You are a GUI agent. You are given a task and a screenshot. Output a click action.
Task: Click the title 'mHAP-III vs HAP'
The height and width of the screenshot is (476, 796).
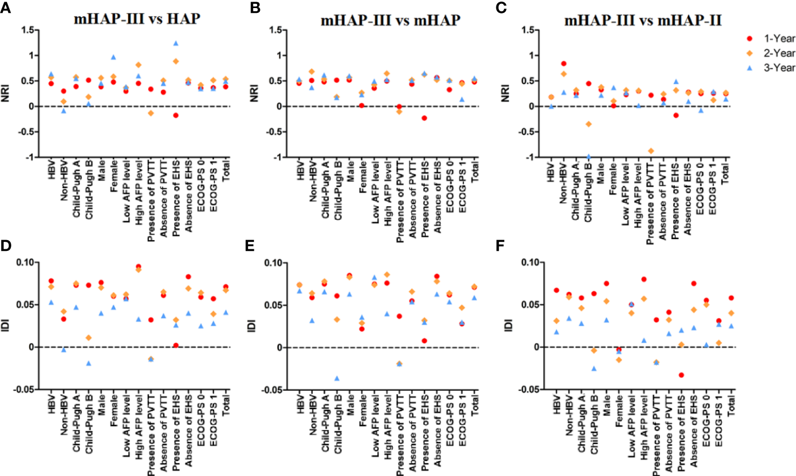click(137, 19)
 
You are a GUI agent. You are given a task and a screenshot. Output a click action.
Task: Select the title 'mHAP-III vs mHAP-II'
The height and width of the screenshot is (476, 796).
click(642, 20)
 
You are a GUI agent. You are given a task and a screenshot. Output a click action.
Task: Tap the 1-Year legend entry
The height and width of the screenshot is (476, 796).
click(770, 38)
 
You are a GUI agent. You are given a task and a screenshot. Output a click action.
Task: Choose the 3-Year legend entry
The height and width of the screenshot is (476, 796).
click(770, 67)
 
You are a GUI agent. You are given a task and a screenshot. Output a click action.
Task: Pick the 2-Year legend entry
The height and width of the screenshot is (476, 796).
click(770, 53)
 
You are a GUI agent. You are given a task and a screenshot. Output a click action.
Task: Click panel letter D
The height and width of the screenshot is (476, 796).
click(6, 246)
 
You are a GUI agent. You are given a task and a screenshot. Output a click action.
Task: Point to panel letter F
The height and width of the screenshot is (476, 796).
click(501, 246)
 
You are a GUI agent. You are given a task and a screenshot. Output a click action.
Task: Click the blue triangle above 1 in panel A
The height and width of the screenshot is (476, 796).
click(176, 43)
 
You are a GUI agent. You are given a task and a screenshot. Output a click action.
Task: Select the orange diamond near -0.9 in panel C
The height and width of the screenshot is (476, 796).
click(651, 151)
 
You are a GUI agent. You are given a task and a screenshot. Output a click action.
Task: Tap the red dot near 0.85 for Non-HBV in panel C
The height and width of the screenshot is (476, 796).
click(564, 64)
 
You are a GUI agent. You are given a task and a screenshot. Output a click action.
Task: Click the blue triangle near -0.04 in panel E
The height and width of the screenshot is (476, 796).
click(337, 379)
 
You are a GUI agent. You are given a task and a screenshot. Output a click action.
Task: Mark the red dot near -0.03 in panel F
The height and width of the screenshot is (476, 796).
click(681, 375)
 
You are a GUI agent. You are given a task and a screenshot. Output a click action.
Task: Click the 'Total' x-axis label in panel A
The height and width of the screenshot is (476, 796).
click(226, 170)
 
